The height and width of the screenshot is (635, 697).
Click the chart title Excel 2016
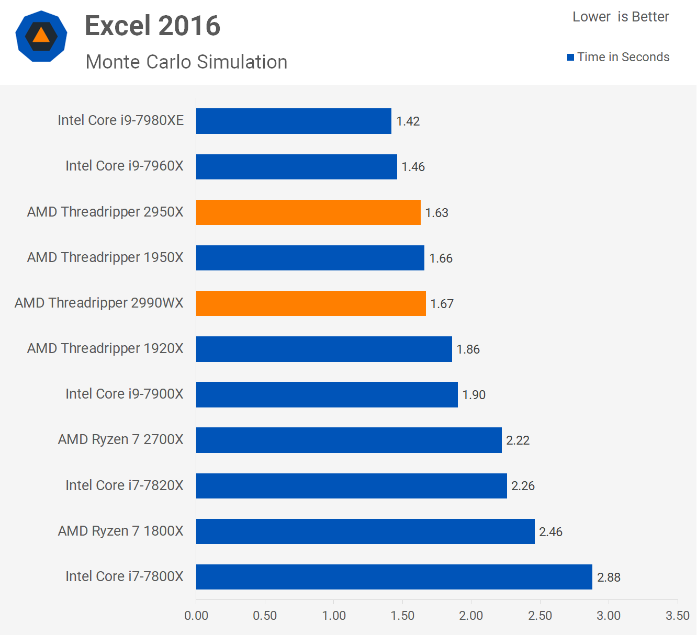(x=152, y=26)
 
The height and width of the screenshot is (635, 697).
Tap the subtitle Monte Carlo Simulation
(x=186, y=62)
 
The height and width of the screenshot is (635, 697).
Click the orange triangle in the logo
(x=41, y=36)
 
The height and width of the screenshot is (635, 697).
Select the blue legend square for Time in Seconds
(x=570, y=57)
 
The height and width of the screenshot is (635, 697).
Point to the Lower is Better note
(x=621, y=17)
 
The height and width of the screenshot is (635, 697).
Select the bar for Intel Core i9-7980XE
(x=294, y=121)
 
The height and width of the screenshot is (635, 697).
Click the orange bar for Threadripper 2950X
(x=308, y=212)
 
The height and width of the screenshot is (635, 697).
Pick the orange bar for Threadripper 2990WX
(x=311, y=303)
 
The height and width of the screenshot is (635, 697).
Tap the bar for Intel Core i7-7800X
(x=394, y=577)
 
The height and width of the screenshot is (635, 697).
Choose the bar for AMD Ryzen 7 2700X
(x=348, y=440)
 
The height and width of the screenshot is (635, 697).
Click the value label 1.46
(x=413, y=167)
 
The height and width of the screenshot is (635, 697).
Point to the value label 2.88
(x=609, y=577)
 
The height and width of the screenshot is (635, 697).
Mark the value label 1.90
(x=474, y=395)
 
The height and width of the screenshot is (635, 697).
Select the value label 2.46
(x=550, y=532)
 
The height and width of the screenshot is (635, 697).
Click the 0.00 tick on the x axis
(x=196, y=616)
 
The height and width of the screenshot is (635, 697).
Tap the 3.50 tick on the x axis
(x=677, y=616)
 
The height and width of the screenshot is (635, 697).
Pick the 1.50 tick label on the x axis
(x=402, y=616)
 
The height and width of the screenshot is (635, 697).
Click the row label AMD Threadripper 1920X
(x=105, y=348)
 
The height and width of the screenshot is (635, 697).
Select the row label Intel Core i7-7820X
(x=125, y=485)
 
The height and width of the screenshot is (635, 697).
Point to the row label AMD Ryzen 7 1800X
(x=121, y=531)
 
